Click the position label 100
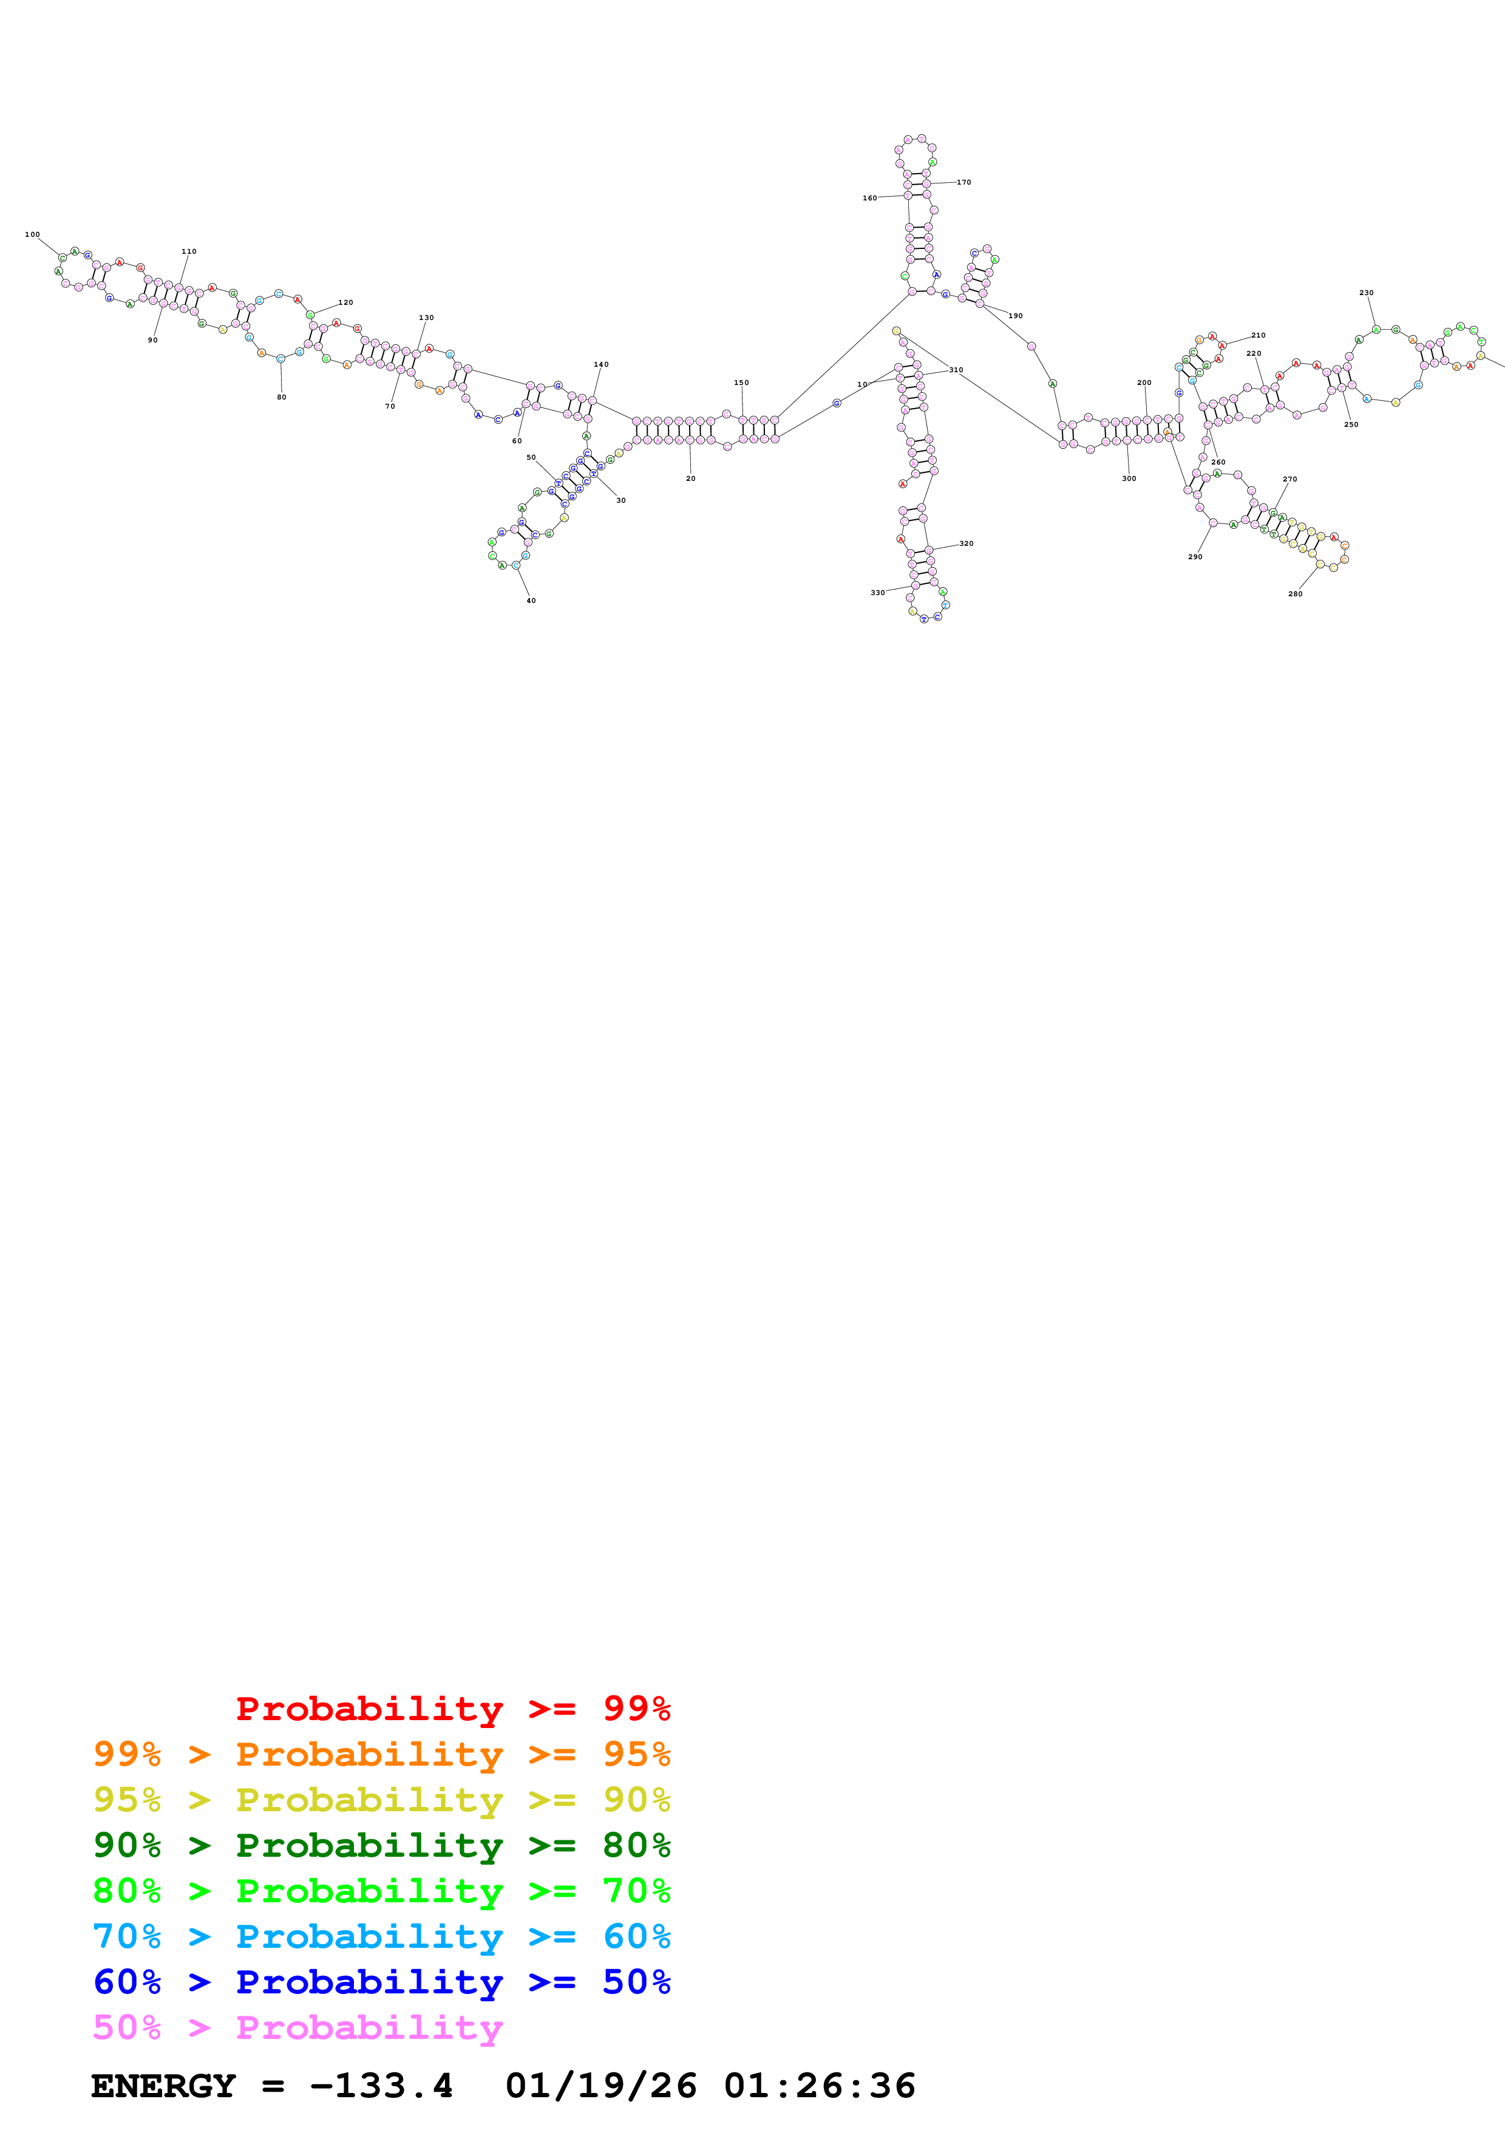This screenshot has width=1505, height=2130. coord(32,235)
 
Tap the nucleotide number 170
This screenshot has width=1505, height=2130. coord(963,183)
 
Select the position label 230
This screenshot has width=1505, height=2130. coord(1366,293)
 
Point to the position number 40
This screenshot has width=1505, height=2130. coord(531,601)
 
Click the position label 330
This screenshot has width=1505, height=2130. coord(877,593)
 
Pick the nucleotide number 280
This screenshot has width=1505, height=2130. coord(1296,594)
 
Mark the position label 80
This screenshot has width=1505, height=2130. coord(282,397)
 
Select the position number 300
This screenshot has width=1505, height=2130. coord(1129,478)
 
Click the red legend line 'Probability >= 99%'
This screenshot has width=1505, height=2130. coord(452,1709)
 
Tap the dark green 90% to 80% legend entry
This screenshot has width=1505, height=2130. coord(381,1845)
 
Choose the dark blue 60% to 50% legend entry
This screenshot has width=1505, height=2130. coord(381,1982)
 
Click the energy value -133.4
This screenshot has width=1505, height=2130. coord(381,2086)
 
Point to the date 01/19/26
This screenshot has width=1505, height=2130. coord(601,2086)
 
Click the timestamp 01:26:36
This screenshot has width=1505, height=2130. coord(820,2086)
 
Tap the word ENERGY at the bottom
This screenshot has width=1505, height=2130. coord(163,2086)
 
